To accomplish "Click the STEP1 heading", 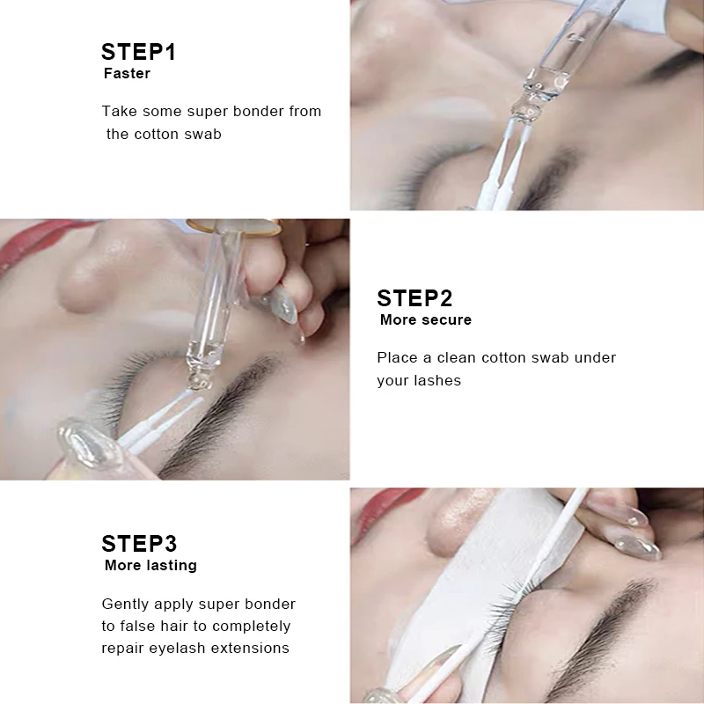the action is [x=138, y=52].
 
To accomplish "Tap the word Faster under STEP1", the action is [x=127, y=73].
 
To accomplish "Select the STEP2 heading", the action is [x=414, y=298].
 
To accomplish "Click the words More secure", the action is [x=426, y=319].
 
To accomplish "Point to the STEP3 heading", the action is [x=139, y=544].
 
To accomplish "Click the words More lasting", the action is [x=150, y=565].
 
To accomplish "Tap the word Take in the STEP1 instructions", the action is [x=119, y=112].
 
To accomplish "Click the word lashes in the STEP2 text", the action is [x=437, y=381].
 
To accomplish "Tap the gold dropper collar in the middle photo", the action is [x=233, y=227].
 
